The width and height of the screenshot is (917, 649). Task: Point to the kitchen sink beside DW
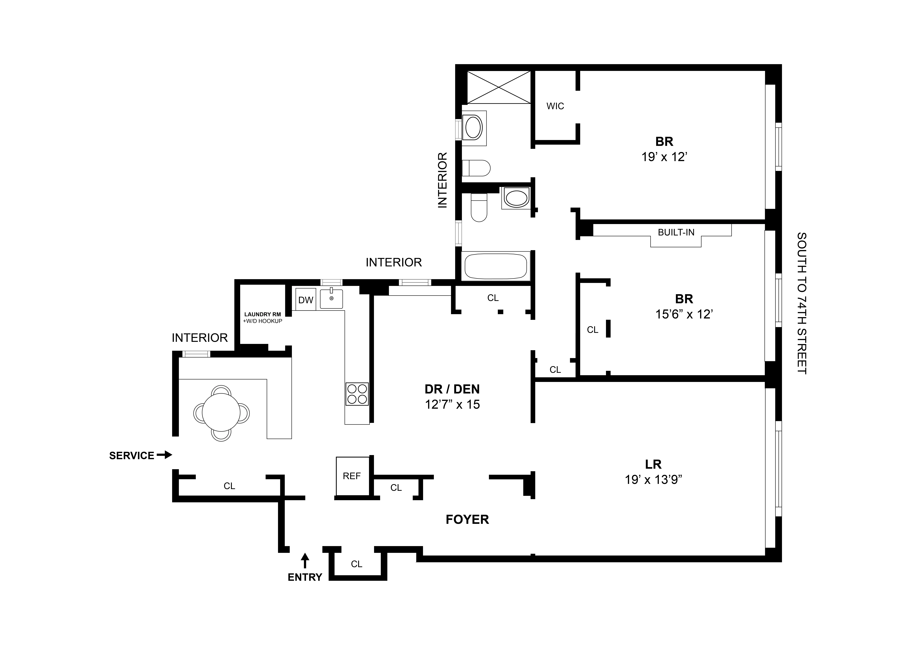(331, 299)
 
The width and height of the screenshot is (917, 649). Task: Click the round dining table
(221, 413)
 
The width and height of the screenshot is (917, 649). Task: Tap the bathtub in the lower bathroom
(495, 266)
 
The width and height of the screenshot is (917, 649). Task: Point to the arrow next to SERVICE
(164, 455)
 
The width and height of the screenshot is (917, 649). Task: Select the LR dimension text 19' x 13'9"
(653, 480)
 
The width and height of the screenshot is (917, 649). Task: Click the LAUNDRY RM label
(262, 314)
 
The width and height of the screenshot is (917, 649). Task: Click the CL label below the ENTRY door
(356, 564)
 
